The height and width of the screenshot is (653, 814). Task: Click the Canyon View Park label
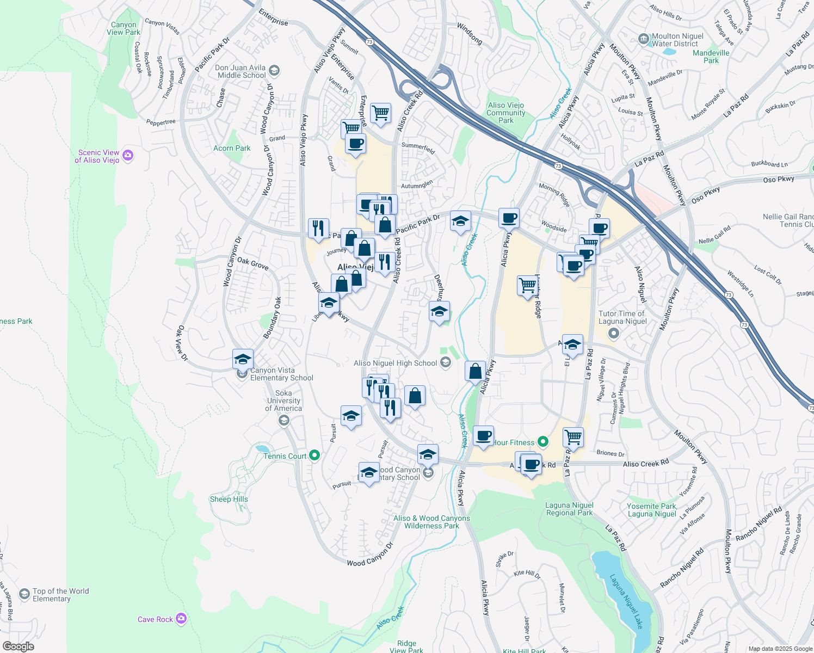[x=124, y=28]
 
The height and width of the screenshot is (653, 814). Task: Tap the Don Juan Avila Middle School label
[x=240, y=71]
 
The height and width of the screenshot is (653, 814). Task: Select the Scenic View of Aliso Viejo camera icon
[x=128, y=156]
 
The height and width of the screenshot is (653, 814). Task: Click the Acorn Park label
[x=232, y=148]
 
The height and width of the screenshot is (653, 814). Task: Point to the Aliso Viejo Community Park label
[x=505, y=113]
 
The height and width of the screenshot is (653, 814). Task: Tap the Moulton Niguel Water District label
[x=677, y=40]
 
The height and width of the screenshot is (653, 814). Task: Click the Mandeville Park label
[x=711, y=57]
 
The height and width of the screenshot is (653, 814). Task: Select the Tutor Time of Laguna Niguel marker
[x=614, y=332]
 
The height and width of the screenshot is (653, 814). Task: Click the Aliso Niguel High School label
[x=396, y=363]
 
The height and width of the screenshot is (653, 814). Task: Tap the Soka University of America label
[x=283, y=401]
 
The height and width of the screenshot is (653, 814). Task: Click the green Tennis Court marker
[x=314, y=455]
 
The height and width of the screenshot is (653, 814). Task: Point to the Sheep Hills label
[x=229, y=499]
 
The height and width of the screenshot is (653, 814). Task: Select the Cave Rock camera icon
[x=181, y=619]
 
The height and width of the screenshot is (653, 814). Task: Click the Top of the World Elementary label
[x=60, y=595]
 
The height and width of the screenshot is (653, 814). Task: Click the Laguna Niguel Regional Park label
[x=569, y=509]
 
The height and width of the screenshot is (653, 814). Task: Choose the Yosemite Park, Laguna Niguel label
[x=652, y=510]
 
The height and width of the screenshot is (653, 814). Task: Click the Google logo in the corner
[x=18, y=646]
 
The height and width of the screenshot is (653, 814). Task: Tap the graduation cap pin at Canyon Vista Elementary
[x=243, y=359]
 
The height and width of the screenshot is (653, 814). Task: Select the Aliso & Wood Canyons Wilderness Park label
[x=431, y=522]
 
